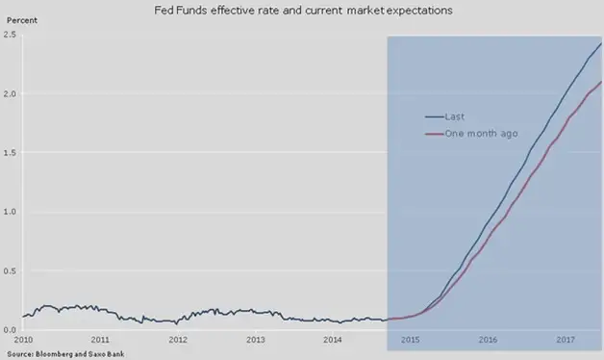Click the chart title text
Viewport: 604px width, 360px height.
click(x=303, y=11)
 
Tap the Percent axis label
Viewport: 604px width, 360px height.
click(x=22, y=20)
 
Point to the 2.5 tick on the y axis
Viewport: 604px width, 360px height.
click(x=10, y=35)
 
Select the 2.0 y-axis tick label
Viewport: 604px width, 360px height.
click(x=10, y=93)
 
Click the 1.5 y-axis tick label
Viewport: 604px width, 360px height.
click(x=10, y=153)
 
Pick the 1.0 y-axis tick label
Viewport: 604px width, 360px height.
click(x=10, y=212)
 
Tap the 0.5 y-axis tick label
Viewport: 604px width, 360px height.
click(x=10, y=271)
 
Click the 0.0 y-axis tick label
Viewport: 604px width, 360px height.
click(x=10, y=330)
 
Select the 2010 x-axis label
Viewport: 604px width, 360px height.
click(x=23, y=340)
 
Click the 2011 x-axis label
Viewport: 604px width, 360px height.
click(x=100, y=340)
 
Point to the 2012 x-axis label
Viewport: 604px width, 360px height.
click(x=178, y=340)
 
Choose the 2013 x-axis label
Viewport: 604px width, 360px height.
click(x=256, y=340)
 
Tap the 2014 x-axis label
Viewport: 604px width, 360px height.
click(x=333, y=340)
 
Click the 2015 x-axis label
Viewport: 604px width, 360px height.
click(x=411, y=340)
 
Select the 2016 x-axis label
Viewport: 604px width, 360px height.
click(x=488, y=340)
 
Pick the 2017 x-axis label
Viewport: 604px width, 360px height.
click(x=566, y=340)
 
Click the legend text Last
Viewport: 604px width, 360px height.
click(x=455, y=116)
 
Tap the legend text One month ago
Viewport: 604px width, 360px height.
click(x=481, y=134)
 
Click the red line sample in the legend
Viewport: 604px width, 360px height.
click(x=435, y=134)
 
